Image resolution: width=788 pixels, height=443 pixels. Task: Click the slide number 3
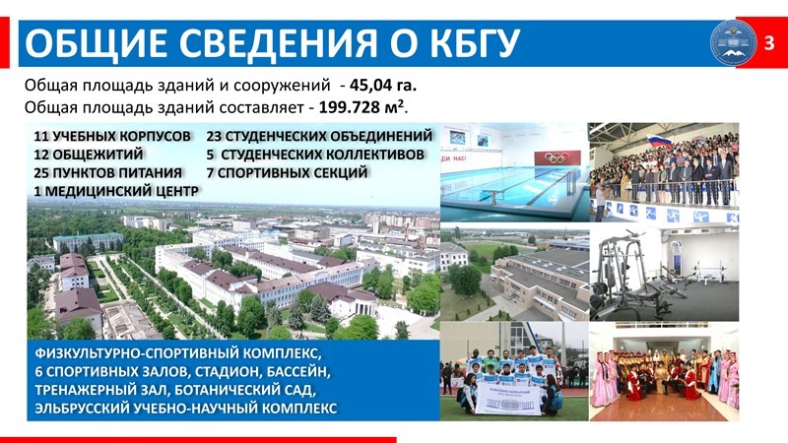(x=769, y=43)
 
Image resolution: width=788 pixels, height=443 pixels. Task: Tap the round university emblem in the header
(x=733, y=42)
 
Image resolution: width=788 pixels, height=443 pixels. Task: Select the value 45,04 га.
(x=383, y=86)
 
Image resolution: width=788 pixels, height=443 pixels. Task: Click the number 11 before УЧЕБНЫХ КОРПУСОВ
(x=40, y=136)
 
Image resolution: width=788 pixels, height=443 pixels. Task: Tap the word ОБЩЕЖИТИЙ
(x=98, y=155)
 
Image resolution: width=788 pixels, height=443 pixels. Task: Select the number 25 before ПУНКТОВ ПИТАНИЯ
(x=41, y=173)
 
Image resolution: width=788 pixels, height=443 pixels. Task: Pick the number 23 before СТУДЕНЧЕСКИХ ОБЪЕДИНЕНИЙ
(x=214, y=136)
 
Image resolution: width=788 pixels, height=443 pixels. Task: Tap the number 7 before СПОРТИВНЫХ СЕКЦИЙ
(x=210, y=173)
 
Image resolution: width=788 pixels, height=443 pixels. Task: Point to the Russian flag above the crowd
(x=660, y=142)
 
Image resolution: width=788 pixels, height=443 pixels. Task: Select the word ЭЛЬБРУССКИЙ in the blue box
(x=83, y=408)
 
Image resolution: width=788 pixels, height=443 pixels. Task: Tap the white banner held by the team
(x=508, y=400)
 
